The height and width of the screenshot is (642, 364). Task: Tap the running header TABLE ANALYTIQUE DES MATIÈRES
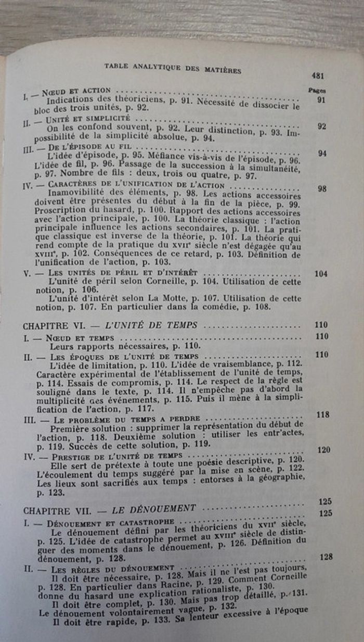(x=173, y=68)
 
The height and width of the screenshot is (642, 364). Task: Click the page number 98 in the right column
(x=322, y=188)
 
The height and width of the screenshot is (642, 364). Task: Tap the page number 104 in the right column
(x=321, y=274)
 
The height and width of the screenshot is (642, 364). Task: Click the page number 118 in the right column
(x=323, y=414)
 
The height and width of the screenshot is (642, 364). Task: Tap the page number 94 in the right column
(x=322, y=153)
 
